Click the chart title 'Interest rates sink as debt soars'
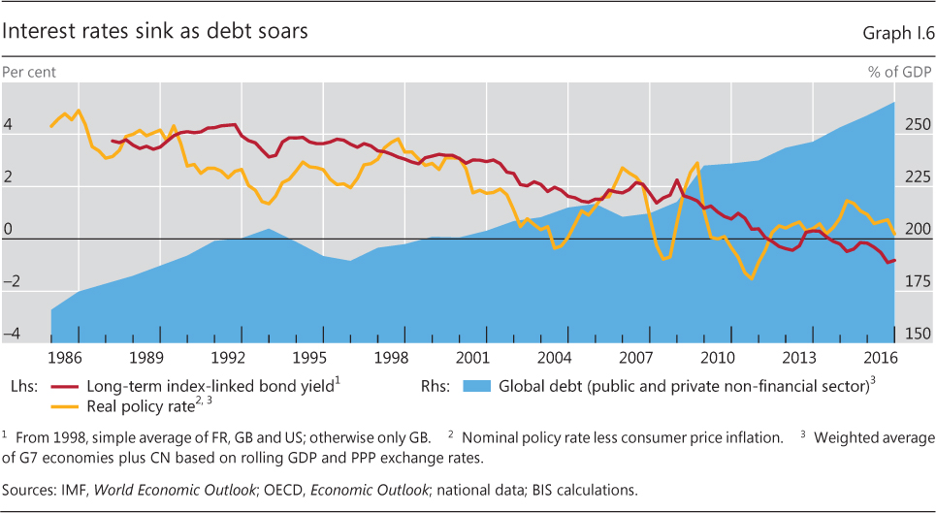(x=156, y=31)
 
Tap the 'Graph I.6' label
(x=897, y=33)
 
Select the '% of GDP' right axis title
(x=899, y=70)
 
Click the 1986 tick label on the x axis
(x=64, y=356)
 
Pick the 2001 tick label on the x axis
(x=472, y=356)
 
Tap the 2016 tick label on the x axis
(x=880, y=356)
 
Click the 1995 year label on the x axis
(x=309, y=356)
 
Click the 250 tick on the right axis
(x=917, y=125)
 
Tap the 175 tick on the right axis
(x=917, y=282)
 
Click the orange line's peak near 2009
(x=697, y=162)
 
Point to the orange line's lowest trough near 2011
(x=751, y=278)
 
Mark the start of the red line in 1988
(x=113, y=141)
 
